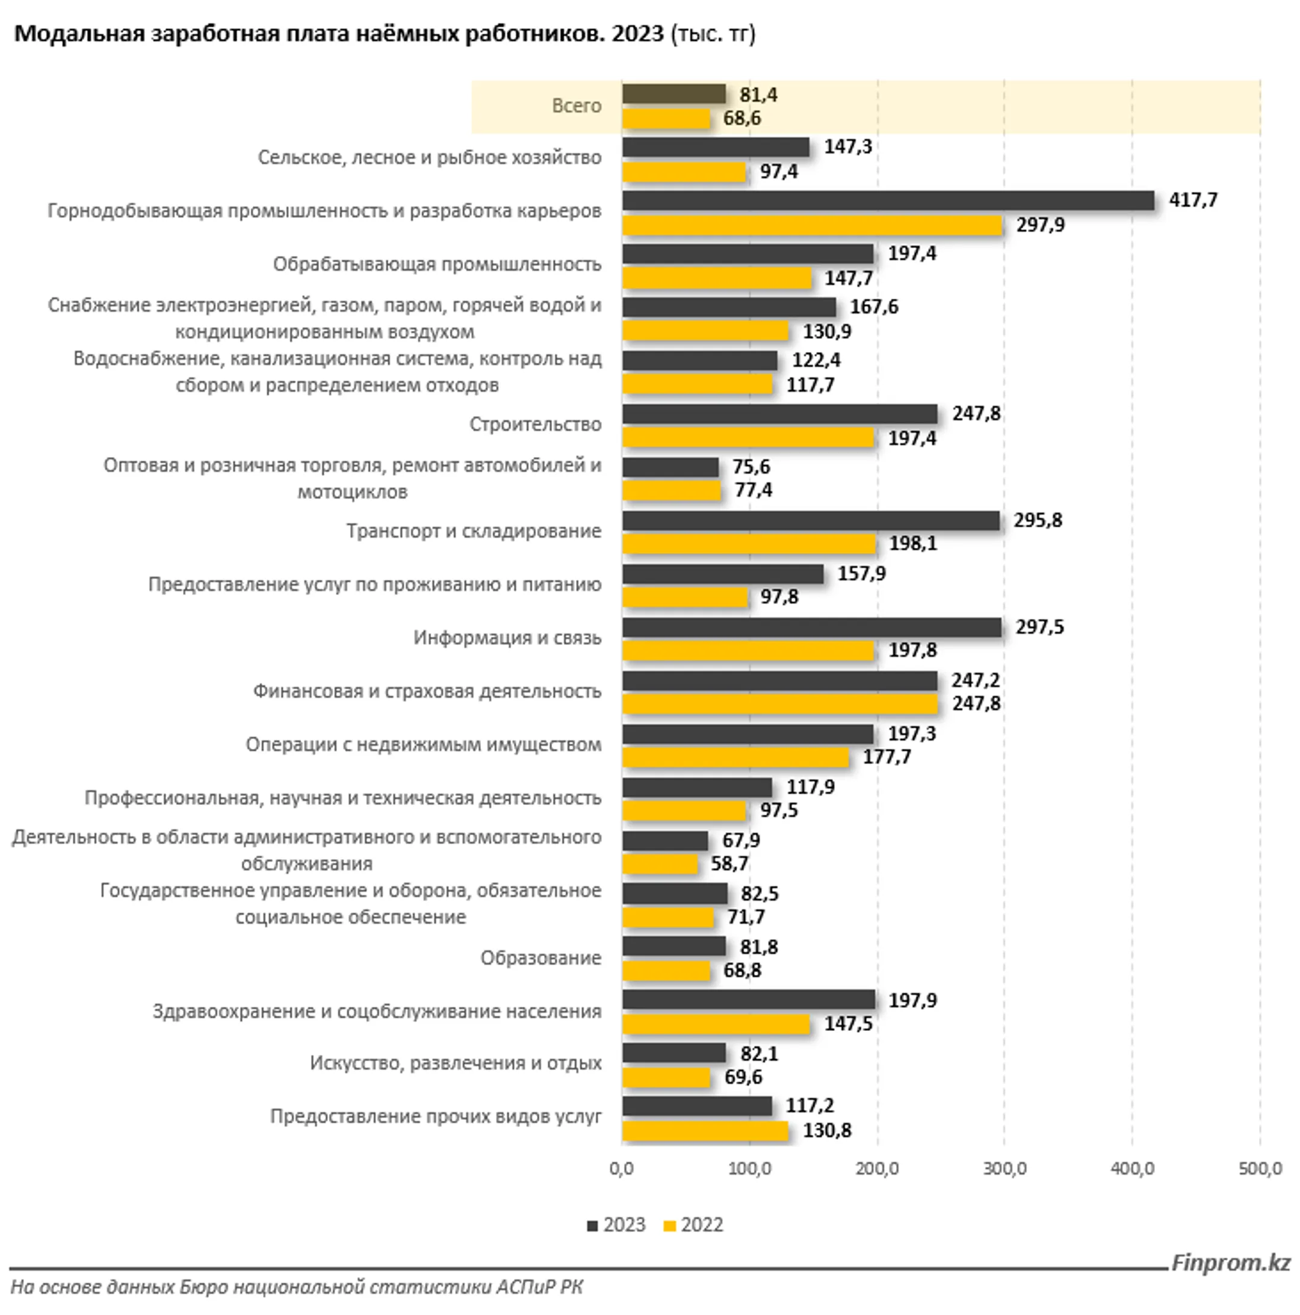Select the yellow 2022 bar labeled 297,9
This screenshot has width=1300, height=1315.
coord(812,225)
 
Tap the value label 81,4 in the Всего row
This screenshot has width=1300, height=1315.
coord(758,95)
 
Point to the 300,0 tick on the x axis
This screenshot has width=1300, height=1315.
coord(1004,1168)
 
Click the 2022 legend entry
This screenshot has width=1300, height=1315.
coord(693,1225)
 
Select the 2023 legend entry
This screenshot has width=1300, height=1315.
coord(616,1225)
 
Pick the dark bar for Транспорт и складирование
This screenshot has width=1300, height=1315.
coord(811,521)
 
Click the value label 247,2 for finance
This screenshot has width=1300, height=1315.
coord(976,680)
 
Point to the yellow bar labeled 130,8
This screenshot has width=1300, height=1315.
coord(705,1131)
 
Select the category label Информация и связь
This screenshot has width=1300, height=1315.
coord(507,638)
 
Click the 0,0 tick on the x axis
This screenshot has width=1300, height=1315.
coord(621,1168)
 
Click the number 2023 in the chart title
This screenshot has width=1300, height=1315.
coord(637,33)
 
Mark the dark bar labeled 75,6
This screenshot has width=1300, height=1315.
coord(670,467)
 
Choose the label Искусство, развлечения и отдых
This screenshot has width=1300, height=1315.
coord(455,1063)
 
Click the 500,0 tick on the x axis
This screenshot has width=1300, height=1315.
coord(1260,1168)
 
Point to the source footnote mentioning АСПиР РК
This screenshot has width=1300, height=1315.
coord(297,1287)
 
